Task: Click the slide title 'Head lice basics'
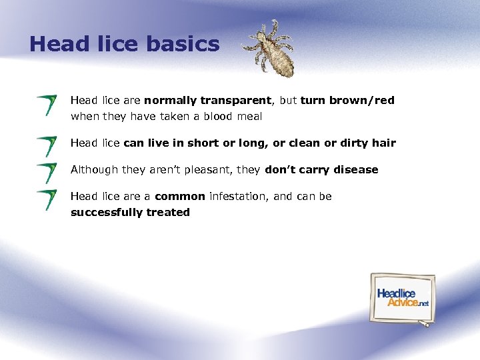coord(124,44)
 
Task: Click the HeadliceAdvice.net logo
coord(403,297)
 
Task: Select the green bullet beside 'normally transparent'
coord(47,105)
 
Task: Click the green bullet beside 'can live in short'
coord(47,146)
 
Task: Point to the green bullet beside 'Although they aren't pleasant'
coord(47,173)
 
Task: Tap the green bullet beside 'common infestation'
coord(47,199)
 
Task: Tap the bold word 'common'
coord(180,197)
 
